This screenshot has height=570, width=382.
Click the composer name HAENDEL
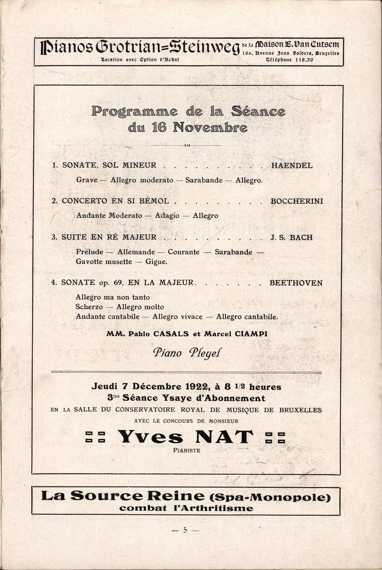292,165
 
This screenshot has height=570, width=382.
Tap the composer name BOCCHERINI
297,201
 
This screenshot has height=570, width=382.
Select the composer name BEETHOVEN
296,283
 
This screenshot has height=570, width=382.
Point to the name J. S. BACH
291,237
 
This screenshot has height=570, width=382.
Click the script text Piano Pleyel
187,353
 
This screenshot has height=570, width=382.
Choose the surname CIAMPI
251,334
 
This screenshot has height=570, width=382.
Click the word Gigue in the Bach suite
156,262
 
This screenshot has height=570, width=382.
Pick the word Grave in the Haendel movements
87,180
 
